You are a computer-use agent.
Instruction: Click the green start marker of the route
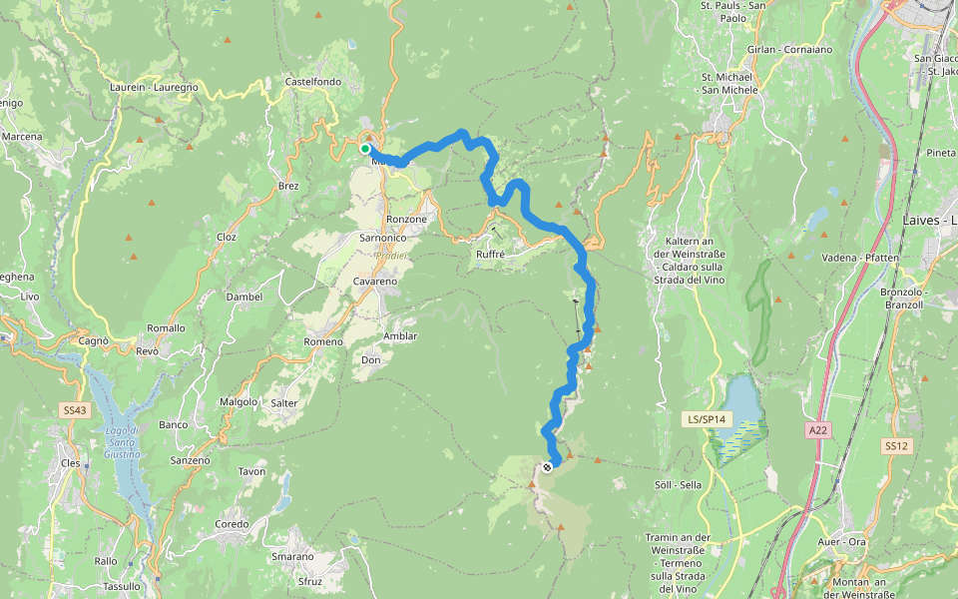point(365,149)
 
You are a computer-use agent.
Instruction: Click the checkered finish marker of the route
point(547,466)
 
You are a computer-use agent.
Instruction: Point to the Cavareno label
point(375,282)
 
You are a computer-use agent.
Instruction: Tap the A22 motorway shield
point(818,430)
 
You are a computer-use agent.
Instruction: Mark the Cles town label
point(70,463)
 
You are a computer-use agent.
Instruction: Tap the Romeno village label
point(322,342)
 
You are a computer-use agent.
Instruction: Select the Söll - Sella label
point(678,485)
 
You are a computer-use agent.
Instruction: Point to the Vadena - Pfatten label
point(860,258)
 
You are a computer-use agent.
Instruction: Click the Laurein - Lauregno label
point(154,88)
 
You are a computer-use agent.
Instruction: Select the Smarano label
point(292,556)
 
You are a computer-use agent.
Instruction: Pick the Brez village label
point(288,187)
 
